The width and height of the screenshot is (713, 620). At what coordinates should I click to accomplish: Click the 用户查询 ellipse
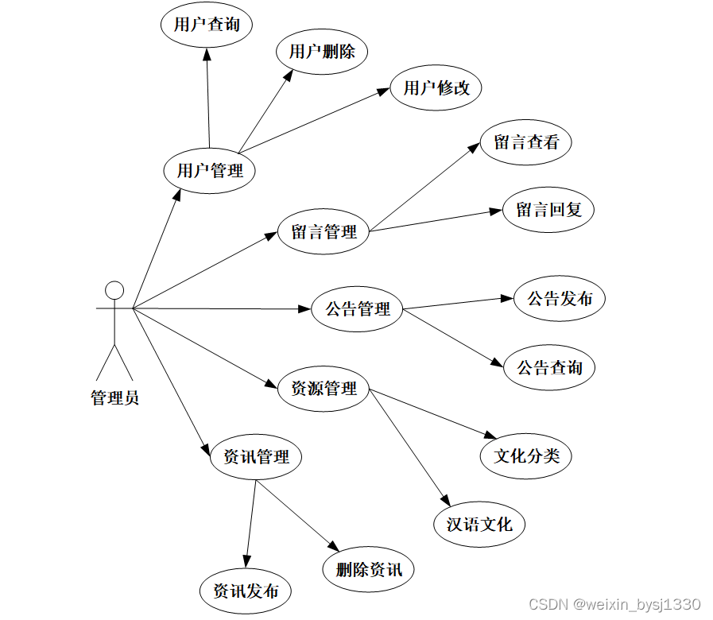pos(207,25)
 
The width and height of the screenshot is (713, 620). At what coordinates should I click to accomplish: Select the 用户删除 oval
pos(322,52)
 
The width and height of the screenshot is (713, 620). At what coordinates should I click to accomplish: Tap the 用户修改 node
pos(436,87)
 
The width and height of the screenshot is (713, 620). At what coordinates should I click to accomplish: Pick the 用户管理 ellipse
pos(209,170)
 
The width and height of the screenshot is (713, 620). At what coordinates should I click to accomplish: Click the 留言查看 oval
pos(526,143)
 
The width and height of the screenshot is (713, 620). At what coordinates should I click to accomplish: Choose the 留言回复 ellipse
pos(548,210)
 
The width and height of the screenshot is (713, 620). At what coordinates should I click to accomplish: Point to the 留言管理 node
pos(324,232)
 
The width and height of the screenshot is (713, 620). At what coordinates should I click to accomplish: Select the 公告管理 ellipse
pos(358,308)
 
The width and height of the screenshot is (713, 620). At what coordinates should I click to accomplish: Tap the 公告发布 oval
pos(560,299)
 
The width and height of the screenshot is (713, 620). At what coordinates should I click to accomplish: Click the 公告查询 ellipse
pos(549,367)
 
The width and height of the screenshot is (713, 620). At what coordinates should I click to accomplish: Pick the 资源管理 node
pos(324,389)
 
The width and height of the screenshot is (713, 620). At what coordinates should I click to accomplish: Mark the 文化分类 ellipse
pos(526,455)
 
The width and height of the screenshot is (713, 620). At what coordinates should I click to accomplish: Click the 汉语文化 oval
pos(479,524)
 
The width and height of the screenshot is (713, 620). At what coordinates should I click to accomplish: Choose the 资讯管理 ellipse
pos(256,457)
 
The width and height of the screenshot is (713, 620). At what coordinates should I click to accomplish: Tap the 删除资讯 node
pos(369,569)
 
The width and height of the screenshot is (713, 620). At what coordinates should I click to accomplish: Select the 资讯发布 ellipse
pos(245,591)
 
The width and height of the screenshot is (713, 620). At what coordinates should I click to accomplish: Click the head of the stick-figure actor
pos(115,289)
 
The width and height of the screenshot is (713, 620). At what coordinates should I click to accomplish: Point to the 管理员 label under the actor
pos(115,397)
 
